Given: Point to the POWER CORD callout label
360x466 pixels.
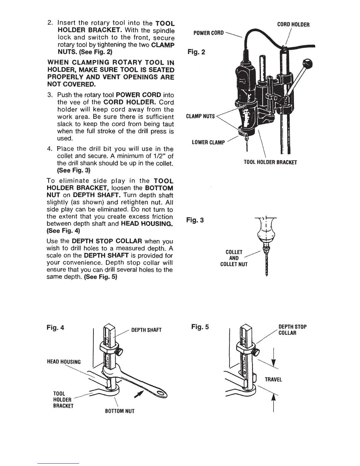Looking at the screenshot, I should (x=209, y=33).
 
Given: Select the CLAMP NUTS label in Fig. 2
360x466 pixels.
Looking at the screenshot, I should (x=201, y=116).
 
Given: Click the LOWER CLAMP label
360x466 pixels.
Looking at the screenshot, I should (x=208, y=143).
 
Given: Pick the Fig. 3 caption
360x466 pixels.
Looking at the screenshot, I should (x=195, y=220).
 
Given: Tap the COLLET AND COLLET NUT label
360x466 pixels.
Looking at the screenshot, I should (x=234, y=258).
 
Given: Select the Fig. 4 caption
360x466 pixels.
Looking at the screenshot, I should (x=56, y=327).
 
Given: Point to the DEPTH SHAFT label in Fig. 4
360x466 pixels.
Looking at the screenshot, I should (x=146, y=330).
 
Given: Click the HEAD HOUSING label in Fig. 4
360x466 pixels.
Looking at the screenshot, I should (x=64, y=362).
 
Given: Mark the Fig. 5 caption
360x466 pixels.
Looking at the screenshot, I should (x=200, y=327).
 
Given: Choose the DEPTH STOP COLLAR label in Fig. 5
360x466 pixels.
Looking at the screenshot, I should (x=292, y=330).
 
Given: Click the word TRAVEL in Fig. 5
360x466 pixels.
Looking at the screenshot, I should (x=273, y=380).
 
